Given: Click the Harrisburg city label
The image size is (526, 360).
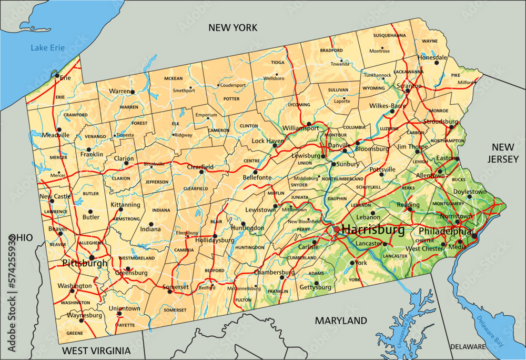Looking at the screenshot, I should [373, 230].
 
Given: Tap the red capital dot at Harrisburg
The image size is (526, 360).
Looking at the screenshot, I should [337, 230].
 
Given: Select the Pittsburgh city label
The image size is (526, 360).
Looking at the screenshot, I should [85, 263].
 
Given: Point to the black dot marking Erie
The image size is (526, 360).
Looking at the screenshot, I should [57, 75].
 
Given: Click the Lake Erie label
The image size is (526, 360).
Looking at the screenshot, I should [47, 48].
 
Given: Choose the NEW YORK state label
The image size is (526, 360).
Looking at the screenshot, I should [232, 27].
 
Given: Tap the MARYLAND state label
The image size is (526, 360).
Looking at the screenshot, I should [341, 321].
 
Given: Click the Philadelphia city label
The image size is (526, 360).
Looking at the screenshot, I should [444, 231].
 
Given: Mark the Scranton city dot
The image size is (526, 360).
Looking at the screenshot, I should [408, 91].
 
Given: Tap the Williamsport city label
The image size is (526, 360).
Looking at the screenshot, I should [300, 128].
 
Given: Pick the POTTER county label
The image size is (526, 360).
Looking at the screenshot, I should [231, 98].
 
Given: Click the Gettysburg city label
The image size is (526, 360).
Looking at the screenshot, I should [315, 287].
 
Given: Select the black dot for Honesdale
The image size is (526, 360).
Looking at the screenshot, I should [437, 63].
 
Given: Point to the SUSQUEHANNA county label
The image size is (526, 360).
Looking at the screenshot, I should [389, 35].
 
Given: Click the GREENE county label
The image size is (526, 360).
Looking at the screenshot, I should [75, 333].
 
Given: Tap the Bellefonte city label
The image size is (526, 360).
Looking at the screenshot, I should [257, 178].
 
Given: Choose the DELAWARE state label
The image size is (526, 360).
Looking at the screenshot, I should [468, 347].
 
